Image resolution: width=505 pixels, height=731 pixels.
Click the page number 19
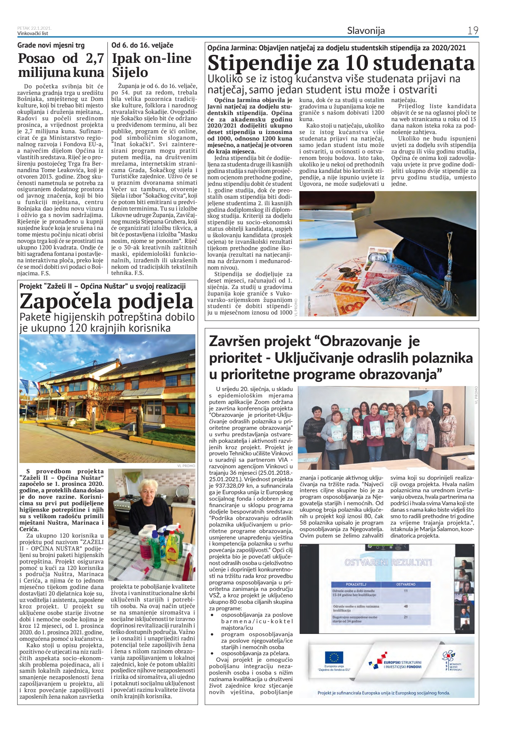tap(473, 30)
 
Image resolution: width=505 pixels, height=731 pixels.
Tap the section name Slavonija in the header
tap(366, 30)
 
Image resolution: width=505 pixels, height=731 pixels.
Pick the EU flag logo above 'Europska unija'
tap(334, 657)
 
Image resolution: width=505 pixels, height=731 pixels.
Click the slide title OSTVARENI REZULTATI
tap(388, 562)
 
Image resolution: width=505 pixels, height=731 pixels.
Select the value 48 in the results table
tap(406, 606)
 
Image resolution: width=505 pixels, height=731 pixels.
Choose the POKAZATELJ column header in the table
tap(356, 584)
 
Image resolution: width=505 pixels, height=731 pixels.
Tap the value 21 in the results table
tap(406, 617)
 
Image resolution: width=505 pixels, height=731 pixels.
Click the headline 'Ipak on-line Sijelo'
tap(152, 65)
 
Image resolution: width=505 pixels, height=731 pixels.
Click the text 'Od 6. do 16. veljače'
tap(142, 45)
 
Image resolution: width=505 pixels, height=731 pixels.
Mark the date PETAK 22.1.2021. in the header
tap(34, 28)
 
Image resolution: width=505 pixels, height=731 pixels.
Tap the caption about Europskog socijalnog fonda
tap(384, 693)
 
